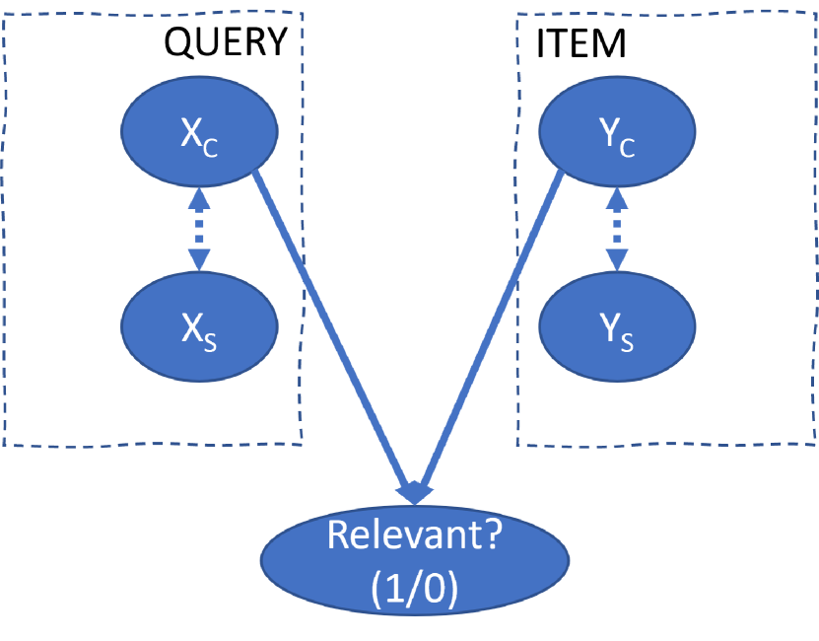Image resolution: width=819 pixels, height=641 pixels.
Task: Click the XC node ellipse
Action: [x=199, y=131]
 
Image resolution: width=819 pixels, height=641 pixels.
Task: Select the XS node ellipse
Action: [x=199, y=324]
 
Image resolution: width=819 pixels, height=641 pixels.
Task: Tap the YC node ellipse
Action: [x=617, y=131]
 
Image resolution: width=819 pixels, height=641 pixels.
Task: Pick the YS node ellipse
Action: [x=617, y=324]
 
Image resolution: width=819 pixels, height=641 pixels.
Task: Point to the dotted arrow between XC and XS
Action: [x=200, y=229]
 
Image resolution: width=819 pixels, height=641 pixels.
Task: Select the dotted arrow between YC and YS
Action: [x=617, y=229]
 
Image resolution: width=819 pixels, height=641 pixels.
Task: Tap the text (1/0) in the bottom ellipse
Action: [x=414, y=589]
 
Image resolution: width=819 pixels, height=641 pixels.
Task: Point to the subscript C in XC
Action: [x=211, y=147]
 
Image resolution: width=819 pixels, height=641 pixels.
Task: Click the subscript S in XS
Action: [x=211, y=340]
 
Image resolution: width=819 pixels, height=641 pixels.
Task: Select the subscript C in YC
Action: [x=628, y=147]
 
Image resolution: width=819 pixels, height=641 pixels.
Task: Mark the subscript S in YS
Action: [x=628, y=340]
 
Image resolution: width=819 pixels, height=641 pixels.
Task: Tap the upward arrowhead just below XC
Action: [x=200, y=198]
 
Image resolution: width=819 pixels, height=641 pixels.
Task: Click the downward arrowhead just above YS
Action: [x=617, y=259]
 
